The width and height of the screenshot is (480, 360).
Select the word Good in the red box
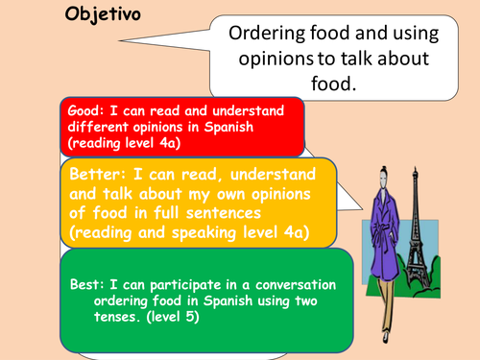click(x=81, y=110)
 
